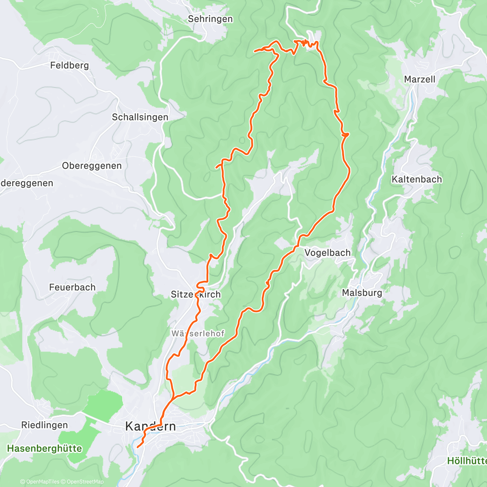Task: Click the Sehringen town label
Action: (x=210, y=19)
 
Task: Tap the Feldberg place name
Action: (x=69, y=65)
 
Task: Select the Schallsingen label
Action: (x=140, y=117)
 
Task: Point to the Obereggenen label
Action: (x=92, y=166)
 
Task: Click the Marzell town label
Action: (x=419, y=80)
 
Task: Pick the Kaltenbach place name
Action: (x=416, y=179)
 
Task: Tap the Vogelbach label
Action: (x=327, y=253)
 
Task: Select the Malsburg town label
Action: (x=362, y=293)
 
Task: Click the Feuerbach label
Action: (x=72, y=287)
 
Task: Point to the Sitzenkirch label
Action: (x=196, y=295)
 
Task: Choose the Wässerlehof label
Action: (x=198, y=334)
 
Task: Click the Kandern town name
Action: (x=151, y=427)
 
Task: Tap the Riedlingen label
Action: (x=44, y=425)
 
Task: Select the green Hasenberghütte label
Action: (x=45, y=449)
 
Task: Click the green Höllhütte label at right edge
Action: (x=467, y=461)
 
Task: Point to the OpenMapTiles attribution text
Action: (x=40, y=482)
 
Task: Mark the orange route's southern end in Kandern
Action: (x=138, y=447)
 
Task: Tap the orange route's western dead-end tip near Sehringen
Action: (x=254, y=51)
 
